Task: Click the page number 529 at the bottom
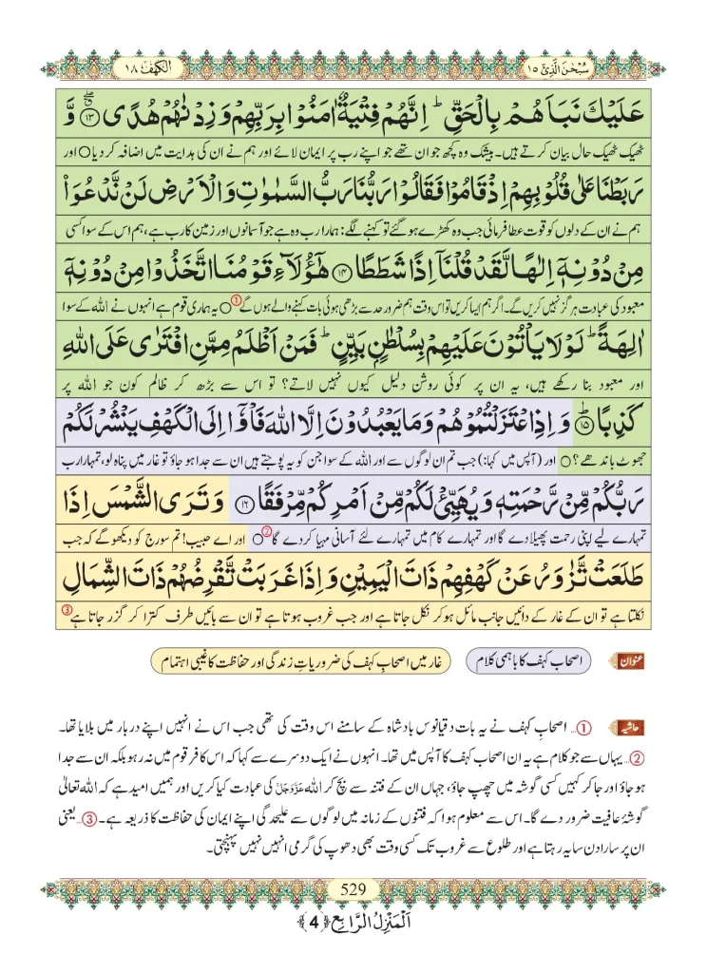pos(353,889)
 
